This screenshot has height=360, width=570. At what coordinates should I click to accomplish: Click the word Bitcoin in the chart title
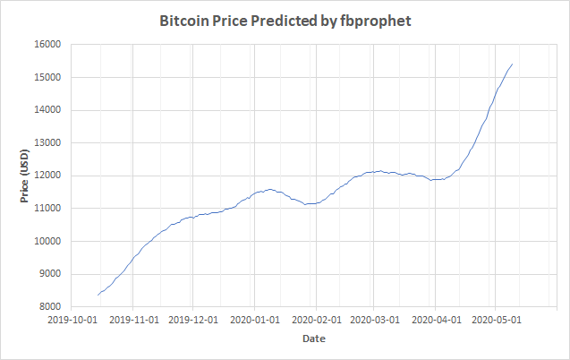pyautogui.click(x=184, y=20)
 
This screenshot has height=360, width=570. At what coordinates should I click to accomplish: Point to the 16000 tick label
pyautogui.click(x=45, y=45)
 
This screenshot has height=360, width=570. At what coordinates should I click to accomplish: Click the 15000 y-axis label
pyautogui.click(x=45, y=78)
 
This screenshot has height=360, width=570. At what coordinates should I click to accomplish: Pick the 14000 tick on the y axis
pyautogui.click(x=45, y=110)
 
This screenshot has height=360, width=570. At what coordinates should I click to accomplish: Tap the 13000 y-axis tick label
pyautogui.click(x=45, y=143)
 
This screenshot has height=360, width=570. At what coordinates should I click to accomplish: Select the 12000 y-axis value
pyautogui.click(x=45, y=176)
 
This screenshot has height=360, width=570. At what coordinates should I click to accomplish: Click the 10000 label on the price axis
pyautogui.click(x=45, y=242)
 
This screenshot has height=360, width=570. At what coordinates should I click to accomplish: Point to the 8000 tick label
pyautogui.click(x=47, y=307)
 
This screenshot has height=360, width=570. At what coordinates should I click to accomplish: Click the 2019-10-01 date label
pyautogui.click(x=72, y=319)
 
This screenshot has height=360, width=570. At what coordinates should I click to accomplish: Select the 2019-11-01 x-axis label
pyautogui.click(x=132, y=319)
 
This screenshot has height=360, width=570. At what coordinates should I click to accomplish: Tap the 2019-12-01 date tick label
pyautogui.click(x=193, y=319)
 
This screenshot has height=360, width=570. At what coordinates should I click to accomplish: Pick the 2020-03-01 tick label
pyautogui.click(x=374, y=319)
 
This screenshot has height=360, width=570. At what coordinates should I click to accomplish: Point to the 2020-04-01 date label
pyautogui.click(x=435, y=319)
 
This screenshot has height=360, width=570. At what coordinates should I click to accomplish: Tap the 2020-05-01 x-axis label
pyautogui.click(x=495, y=319)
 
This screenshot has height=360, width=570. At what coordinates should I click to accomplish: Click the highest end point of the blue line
pyautogui.click(x=512, y=64)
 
